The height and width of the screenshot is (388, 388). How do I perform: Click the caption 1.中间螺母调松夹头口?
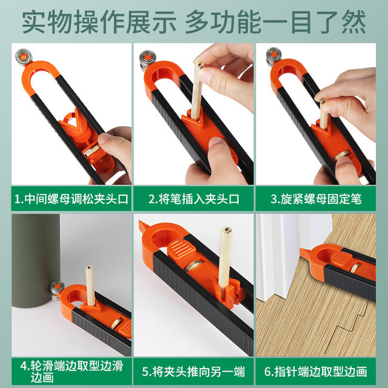click(72, 199)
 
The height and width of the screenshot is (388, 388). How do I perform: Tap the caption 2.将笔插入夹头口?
click(194, 199)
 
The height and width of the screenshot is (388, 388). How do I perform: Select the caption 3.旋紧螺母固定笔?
click(316, 199)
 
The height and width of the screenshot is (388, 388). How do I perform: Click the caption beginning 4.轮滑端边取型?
click(72, 372)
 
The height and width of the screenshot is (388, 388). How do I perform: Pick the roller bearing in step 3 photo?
click(273, 56)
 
